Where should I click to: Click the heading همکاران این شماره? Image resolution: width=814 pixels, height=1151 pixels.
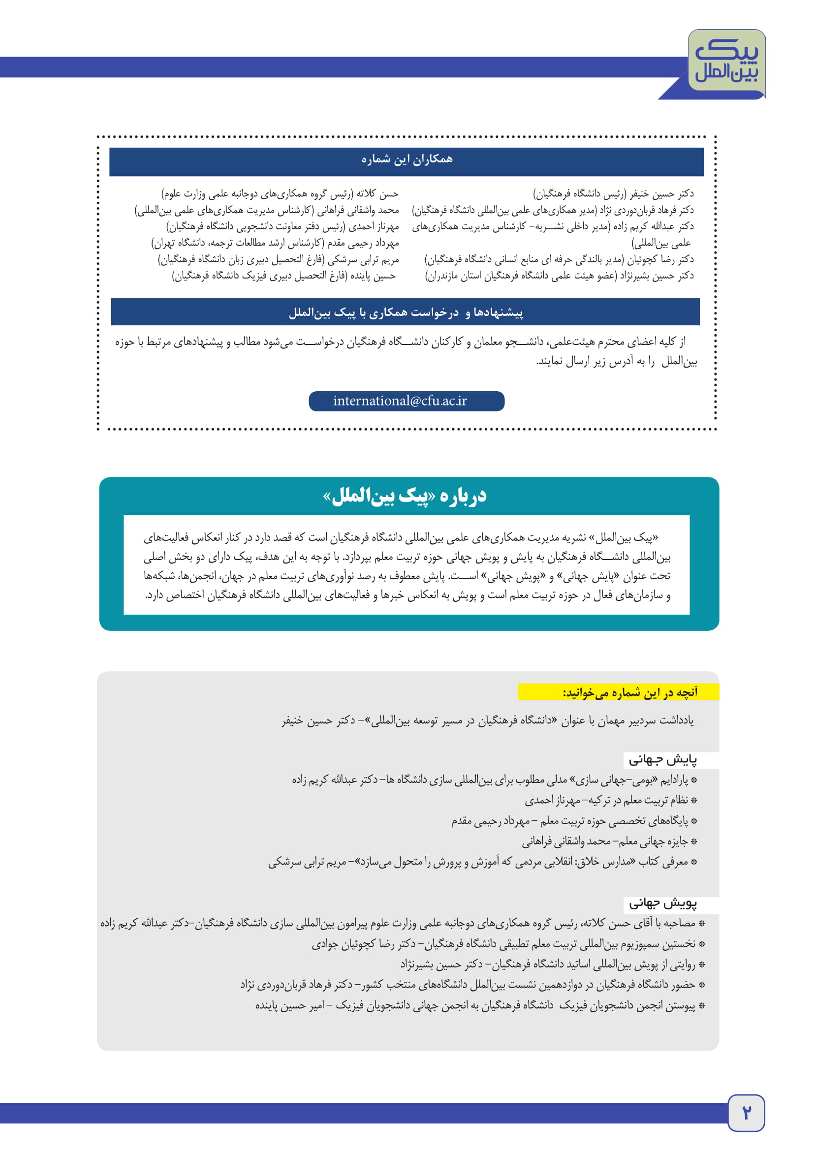click(407, 159)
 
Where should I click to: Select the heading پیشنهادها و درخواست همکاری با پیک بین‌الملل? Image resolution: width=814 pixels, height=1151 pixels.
click(406, 312)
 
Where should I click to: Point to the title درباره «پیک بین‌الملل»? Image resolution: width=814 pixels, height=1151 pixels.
click(405, 496)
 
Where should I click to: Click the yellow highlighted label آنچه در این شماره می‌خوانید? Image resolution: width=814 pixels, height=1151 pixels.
click(629, 692)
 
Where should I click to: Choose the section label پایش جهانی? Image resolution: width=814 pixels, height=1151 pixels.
click(662, 760)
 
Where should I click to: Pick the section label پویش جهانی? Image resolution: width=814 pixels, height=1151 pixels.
click(662, 903)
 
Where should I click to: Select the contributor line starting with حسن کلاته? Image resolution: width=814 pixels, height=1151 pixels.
click(280, 193)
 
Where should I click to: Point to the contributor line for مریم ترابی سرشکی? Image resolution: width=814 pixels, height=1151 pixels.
click(278, 260)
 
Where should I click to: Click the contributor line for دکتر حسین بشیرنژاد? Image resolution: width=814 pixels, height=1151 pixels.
click(560, 276)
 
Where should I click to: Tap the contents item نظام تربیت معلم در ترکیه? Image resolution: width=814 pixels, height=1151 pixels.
click(606, 801)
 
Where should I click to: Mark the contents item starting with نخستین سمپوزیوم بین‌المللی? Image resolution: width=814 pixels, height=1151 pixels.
click(504, 944)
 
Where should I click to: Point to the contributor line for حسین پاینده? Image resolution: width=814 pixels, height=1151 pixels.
click(283, 276)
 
